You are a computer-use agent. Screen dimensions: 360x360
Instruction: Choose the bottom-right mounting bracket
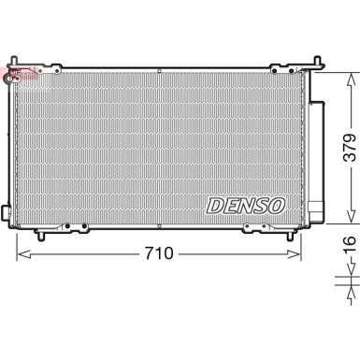(255, 224)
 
